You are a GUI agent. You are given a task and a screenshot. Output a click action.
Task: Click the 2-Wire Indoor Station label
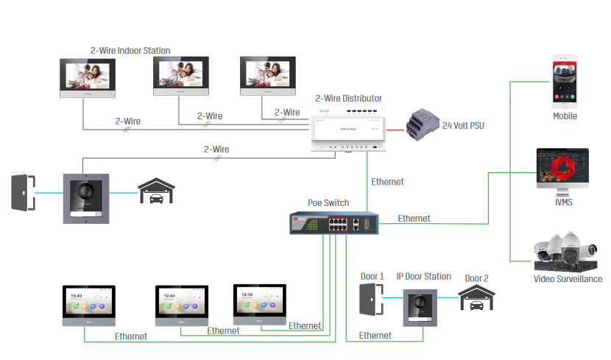(130, 51)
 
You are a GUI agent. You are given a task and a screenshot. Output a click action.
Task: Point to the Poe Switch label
(328, 202)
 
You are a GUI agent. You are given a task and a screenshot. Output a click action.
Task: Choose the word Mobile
(565, 116)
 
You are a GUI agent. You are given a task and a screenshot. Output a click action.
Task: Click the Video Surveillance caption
(568, 279)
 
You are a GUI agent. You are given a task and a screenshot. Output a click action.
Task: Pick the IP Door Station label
(423, 276)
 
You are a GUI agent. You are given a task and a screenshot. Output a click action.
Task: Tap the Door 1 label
(372, 277)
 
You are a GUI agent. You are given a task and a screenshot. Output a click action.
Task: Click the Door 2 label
(476, 279)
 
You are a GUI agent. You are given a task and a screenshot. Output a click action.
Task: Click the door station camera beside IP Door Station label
(422, 307)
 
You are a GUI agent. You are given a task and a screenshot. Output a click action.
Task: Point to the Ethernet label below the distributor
(387, 181)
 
